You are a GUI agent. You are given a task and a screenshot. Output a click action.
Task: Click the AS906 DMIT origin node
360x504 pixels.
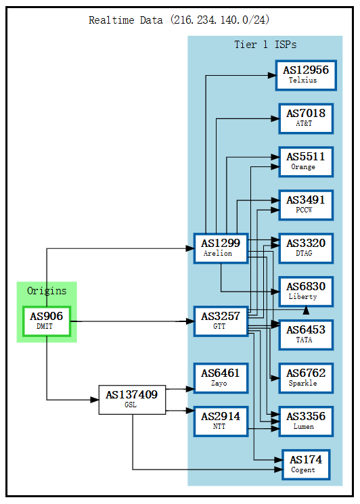click(47, 321)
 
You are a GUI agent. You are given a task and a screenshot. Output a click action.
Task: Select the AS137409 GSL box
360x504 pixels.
click(132, 400)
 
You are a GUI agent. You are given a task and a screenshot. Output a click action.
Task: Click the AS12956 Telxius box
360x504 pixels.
click(306, 75)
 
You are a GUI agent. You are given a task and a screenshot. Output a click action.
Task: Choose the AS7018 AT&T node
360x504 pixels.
click(306, 118)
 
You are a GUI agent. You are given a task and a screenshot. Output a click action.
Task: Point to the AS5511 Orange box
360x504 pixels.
click(306, 162)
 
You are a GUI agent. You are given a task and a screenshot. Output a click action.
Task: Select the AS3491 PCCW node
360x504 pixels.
click(306, 205)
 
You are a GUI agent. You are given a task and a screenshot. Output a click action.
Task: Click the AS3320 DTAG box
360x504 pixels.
click(306, 248)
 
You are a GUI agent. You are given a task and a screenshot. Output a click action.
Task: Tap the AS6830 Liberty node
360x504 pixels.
click(306, 292)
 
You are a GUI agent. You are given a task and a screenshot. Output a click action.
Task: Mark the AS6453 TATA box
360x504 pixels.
click(306, 335)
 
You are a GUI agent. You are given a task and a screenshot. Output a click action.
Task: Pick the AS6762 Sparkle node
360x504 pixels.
click(306, 378)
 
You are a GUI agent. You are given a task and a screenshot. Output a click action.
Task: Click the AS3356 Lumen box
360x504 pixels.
click(306, 421)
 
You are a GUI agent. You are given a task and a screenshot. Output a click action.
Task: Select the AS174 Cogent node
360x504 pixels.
click(306, 465)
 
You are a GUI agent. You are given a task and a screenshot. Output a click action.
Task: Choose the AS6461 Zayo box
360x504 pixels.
click(221, 378)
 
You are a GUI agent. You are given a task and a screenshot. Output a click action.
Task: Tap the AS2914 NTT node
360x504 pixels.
click(221, 421)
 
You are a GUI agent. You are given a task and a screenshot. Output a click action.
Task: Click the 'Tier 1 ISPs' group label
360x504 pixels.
click(265, 45)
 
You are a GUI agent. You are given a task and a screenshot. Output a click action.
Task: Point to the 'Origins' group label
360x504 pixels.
click(47, 291)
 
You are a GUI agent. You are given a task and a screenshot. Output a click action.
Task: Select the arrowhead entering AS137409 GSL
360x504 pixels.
click(94, 400)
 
